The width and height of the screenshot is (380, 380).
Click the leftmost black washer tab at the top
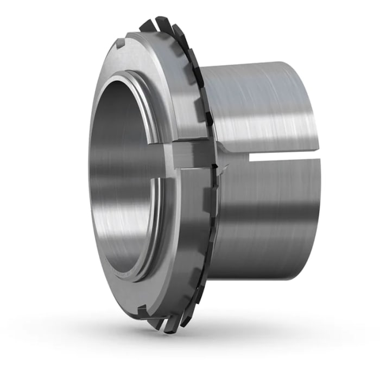coord(145,25)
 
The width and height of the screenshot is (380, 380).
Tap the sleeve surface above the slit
coord(261,103)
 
